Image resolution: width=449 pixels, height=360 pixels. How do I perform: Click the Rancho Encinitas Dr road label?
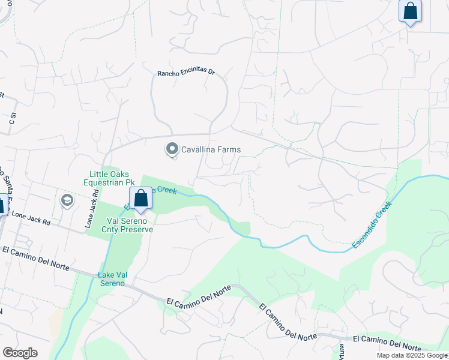click(x=185, y=72)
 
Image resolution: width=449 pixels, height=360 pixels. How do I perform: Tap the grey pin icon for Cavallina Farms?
click(x=172, y=148)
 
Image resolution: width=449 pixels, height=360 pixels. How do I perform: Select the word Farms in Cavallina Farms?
click(x=228, y=149)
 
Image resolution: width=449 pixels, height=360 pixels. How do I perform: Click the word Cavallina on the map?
click(x=199, y=149)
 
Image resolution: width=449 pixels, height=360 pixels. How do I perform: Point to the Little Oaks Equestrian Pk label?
click(x=111, y=178)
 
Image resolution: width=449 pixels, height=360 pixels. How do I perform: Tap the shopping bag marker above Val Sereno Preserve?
click(x=140, y=199)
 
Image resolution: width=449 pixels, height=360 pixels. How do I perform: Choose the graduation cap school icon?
click(x=66, y=200)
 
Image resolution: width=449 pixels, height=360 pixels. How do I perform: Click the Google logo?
click(x=20, y=353)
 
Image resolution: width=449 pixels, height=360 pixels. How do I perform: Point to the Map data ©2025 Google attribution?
click(x=411, y=355)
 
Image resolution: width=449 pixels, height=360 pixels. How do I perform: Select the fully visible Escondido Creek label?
click(x=372, y=226)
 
